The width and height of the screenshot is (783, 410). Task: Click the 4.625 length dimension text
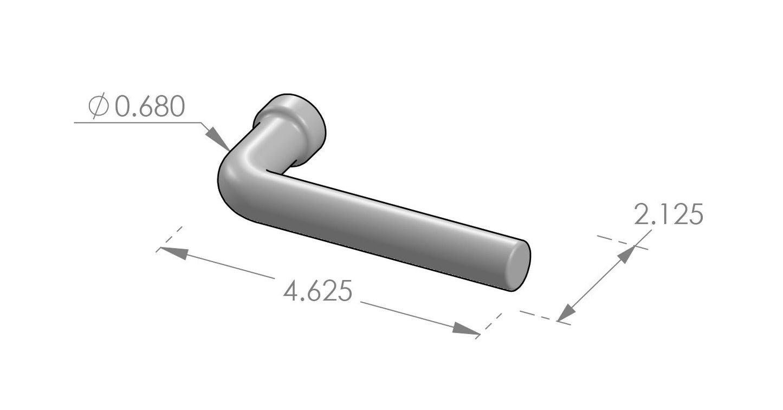pos(318,292)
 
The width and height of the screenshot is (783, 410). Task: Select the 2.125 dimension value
pos(668,215)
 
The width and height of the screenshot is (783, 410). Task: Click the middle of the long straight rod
pos(379,227)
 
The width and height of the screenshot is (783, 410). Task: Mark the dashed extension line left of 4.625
pos(169,239)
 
